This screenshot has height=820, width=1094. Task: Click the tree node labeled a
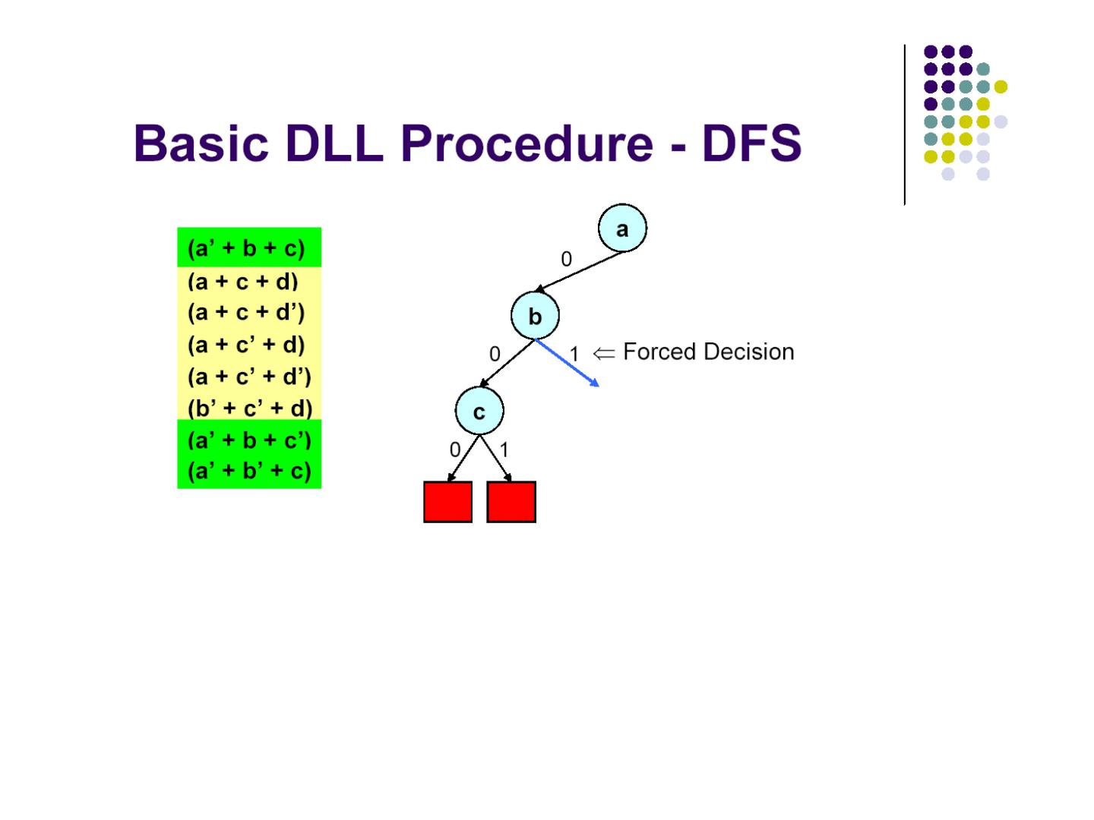click(x=622, y=228)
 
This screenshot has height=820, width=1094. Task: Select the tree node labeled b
click(x=535, y=316)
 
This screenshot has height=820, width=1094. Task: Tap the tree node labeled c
click(x=479, y=412)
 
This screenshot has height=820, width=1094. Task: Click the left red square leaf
click(x=447, y=502)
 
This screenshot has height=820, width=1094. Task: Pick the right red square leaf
click(x=511, y=502)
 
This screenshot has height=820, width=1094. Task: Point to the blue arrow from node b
click(x=568, y=364)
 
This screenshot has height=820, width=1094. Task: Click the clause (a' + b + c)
click(x=246, y=248)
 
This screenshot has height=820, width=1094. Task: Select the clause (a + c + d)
click(x=243, y=282)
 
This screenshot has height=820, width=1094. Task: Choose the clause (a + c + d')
click(x=246, y=312)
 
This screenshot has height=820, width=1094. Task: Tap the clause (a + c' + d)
click(x=246, y=345)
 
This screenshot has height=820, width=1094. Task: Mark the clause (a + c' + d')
click(x=249, y=377)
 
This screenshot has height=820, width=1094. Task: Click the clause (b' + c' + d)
click(x=250, y=408)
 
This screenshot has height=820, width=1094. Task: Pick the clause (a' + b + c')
click(x=249, y=440)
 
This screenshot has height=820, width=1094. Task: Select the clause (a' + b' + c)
click(x=249, y=471)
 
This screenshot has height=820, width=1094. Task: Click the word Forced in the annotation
click(x=658, y=352)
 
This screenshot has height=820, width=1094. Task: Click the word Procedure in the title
click(x=526, y=143)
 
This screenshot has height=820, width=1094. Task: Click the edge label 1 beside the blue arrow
click(x=574, y=354)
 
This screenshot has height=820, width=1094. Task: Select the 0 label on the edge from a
click(x=566, y=260)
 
